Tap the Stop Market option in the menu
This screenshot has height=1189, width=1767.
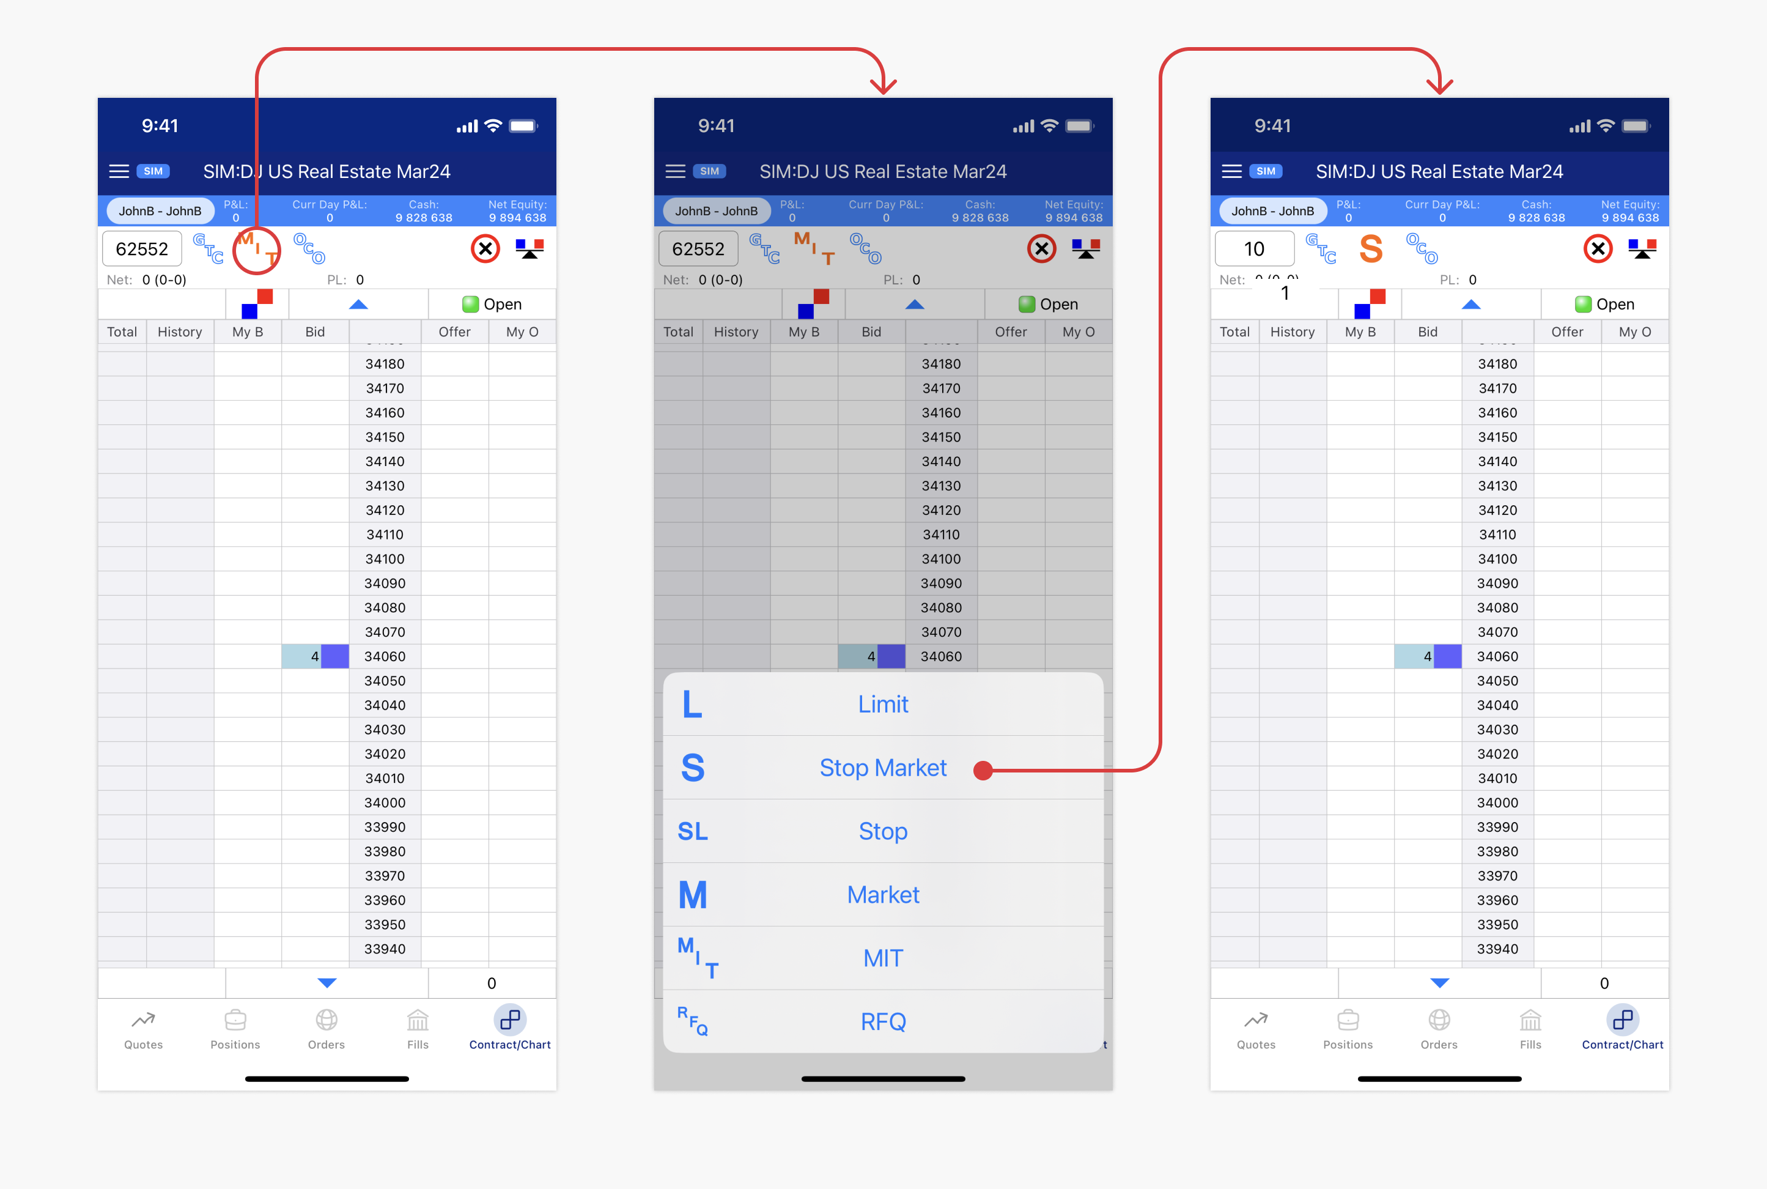pos(882,768)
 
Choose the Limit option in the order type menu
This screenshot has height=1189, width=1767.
pos(882,704)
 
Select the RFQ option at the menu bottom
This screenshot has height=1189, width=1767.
pos(882,1021)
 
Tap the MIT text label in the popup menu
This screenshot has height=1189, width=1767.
pos(882,958)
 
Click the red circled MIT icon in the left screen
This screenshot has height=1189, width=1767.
pos(257,250)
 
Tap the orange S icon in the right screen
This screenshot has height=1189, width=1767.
pos(1371,249)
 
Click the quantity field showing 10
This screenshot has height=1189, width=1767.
pos(1254,249)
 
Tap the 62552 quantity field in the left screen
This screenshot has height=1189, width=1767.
pos(142,249)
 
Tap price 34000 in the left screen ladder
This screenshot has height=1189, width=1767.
pos(385,802)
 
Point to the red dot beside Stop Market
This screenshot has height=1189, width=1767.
pos(983,771)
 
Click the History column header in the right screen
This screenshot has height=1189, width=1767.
pos(1292,332)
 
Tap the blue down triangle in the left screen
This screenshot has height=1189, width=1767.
pos(326,983)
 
